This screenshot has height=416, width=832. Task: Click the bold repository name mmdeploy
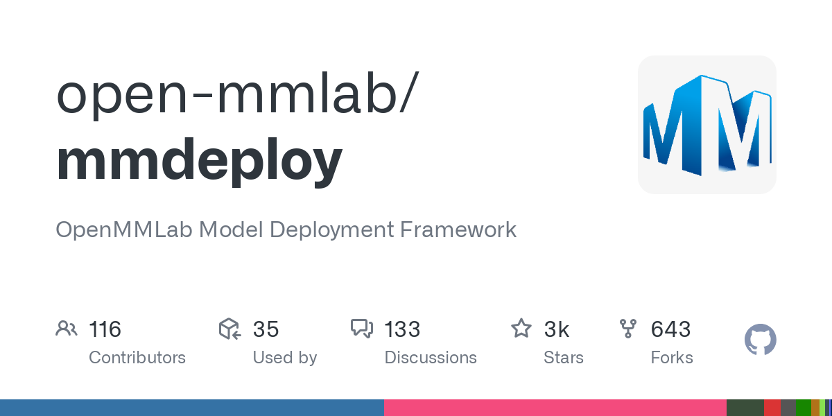pyautogui.click(x=200, y=161)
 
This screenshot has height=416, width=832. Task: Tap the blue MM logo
pyautogui.click(x=707, y=125)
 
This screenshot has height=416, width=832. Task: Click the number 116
pyautogui.click(x=105, y=329)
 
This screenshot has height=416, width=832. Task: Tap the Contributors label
pyautogui.click(x=137, y=358)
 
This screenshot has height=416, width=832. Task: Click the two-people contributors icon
pyautogui.click(x=67, y=329)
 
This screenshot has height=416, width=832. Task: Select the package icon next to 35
pyautogui.click(x=229, y=329)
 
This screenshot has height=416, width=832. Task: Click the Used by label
pyautogui.click(x=285, y=358)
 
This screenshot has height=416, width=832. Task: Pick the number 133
pyautogui.click(x=402, y=329)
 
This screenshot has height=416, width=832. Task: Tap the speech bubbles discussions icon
pyautogui.click(x=362, y=329)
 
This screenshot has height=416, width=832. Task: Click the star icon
pyautogui.click(x=521, y=329)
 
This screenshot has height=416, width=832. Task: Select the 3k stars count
pyautogui.click(x=557, y=329)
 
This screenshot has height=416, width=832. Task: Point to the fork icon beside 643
pyautogui.click(x=628, y=329)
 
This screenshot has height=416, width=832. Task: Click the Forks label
pyautogui.click(x=672, y=358)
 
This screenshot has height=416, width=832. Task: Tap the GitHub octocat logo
pyautogui.click(x=760, y=340)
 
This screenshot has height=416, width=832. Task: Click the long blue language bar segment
pyautogui.click(x=192, y=408)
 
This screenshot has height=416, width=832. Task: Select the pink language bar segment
pyautogui.click(x=555, y=408)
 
